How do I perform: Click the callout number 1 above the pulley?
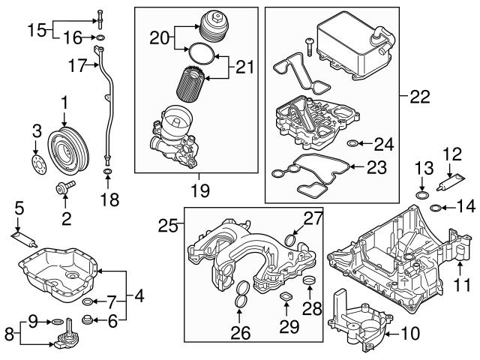pyautogui.click(x=64, y=100)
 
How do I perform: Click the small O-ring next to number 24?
pyautogui.click(x=353, y=142)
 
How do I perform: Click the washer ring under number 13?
pyautogui.click(x=422, y=196)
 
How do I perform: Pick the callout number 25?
pyautogui.click(x=166, y=223)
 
